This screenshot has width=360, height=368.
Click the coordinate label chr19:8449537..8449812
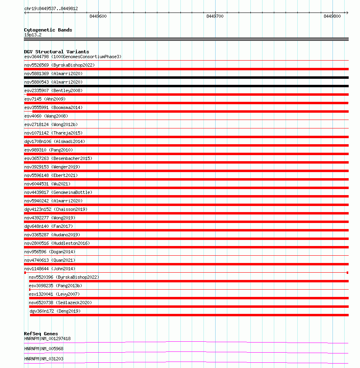(51, 8)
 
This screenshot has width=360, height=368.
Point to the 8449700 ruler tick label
(214, 16)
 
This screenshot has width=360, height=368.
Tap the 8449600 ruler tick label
(98, 16)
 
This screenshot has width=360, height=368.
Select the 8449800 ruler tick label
(332, 16)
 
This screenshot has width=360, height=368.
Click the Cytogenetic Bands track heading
(48, 30)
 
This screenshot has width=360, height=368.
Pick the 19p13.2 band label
(33, 35)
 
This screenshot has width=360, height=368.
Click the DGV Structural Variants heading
(56, 52)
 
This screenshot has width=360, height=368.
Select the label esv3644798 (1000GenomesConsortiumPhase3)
(73, 57)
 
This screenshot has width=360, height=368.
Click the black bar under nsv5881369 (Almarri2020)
(186, 78)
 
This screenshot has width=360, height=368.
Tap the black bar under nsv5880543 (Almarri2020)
(186, 86)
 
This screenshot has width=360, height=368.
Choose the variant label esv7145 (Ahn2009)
(44, 99)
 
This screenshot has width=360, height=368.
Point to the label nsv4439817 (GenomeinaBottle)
(58, 192)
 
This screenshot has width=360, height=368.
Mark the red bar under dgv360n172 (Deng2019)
(189, 315)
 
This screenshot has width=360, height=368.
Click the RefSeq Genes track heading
(41, 334)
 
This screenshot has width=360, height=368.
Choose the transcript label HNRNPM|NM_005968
(44, 349)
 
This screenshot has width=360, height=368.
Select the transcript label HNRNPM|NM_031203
(44, 359)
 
